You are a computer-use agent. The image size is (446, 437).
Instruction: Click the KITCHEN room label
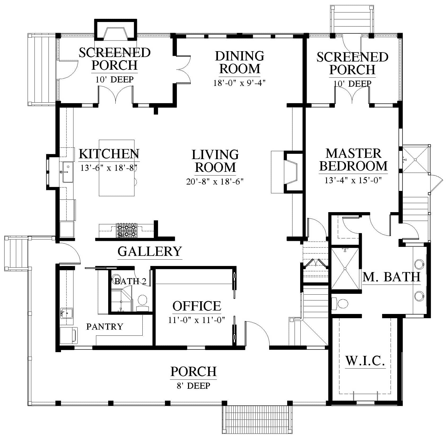[109, 154]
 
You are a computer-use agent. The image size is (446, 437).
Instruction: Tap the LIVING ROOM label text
[215, 161]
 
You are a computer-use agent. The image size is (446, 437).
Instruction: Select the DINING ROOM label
[239, 62]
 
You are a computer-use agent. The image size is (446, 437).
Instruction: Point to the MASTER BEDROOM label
[353, 160]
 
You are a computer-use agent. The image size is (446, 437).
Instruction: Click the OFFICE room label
[197, 306]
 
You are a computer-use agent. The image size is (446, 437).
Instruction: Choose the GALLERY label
[150, 251]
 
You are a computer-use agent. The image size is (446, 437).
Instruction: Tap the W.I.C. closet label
[365, 361]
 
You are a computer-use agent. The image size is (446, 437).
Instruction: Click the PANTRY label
[105, 326]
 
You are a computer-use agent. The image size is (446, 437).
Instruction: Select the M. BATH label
[391, 277]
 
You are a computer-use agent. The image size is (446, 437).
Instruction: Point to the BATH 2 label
[130, 281]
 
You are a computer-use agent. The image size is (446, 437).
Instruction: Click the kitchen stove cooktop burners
[126, 230]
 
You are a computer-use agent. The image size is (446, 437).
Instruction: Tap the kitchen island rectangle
[117, 168]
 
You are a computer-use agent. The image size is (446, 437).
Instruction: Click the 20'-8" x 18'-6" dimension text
[215, 182]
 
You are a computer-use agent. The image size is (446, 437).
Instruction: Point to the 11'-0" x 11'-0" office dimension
[196, 320]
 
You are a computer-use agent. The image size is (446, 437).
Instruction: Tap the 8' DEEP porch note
[194, 385]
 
